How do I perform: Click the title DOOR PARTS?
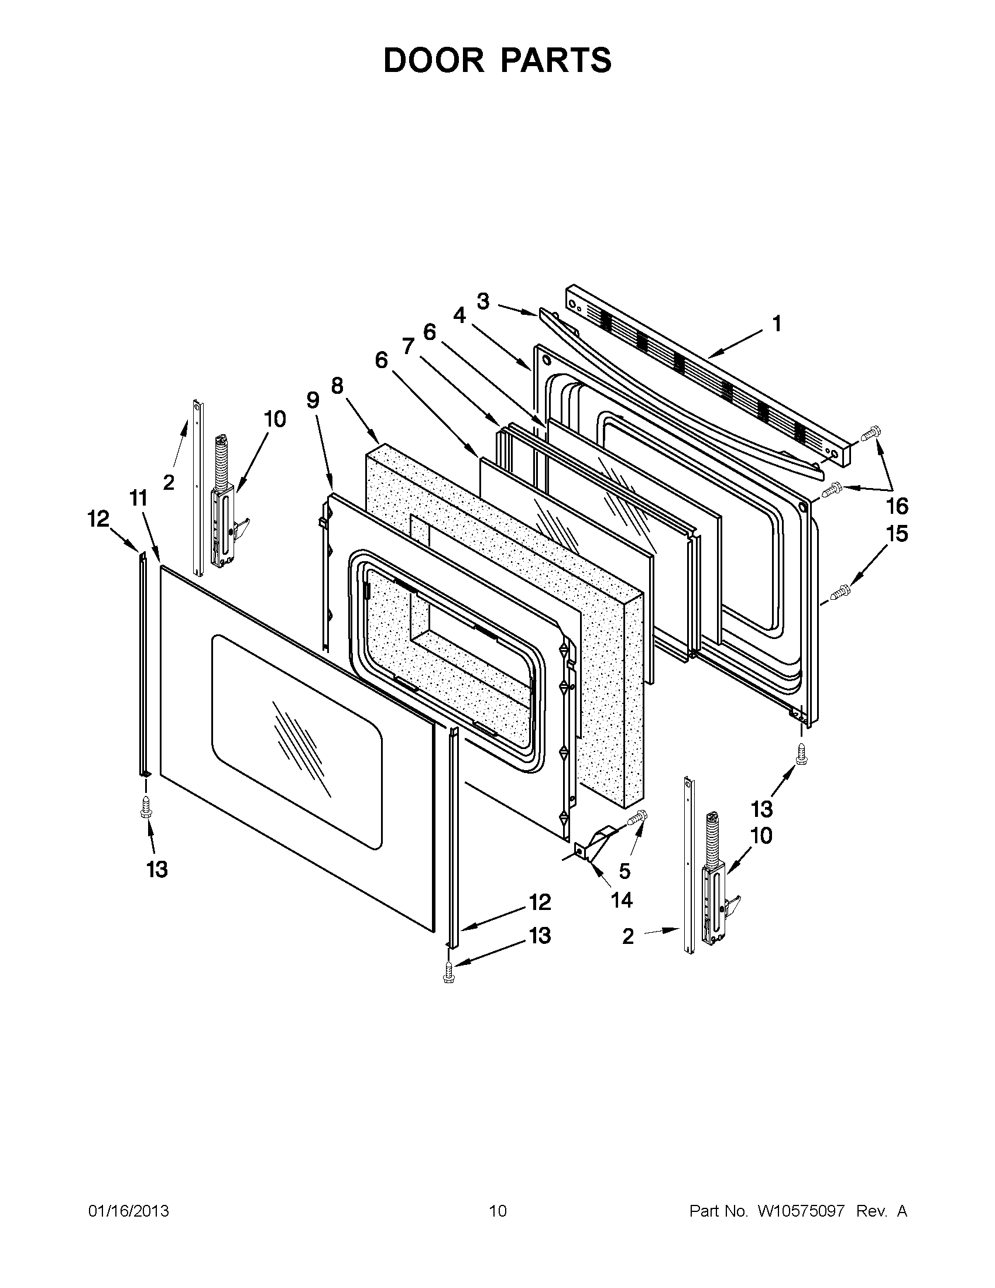497,60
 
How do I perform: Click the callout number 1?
777,324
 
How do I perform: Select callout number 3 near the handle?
482,301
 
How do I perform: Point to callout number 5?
625,870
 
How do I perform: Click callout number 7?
407,346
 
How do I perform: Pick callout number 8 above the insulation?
337,386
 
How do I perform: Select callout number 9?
313,400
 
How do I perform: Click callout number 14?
622,900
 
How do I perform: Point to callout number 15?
896,534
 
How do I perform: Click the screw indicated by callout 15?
840,591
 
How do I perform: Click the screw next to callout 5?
637,818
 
